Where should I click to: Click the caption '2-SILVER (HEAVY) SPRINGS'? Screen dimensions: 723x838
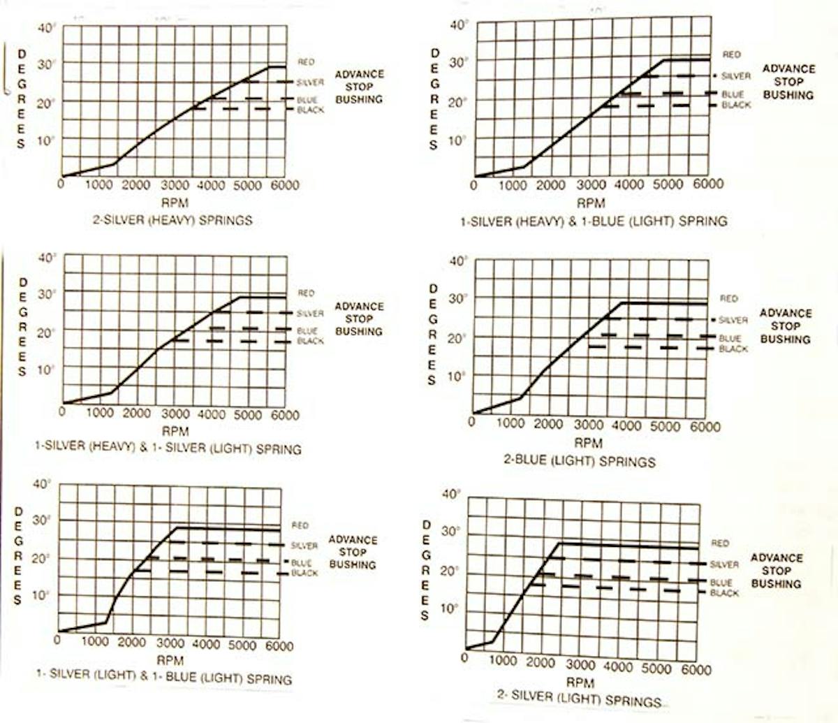172,220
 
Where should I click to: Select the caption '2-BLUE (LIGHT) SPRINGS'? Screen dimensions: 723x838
580,462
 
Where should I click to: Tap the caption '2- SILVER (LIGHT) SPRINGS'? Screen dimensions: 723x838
579,699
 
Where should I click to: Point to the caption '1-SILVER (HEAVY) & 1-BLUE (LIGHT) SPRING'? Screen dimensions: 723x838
594,221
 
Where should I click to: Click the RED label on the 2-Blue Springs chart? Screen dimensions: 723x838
728,298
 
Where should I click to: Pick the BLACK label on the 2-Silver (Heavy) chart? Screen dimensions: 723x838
310,110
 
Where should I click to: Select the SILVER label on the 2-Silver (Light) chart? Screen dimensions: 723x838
724,564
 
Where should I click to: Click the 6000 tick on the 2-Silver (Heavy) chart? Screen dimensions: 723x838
285,185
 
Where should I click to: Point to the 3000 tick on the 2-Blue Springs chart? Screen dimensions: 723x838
588,425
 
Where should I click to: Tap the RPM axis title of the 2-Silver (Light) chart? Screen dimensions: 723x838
580,682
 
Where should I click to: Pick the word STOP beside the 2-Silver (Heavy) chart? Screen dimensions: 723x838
359,87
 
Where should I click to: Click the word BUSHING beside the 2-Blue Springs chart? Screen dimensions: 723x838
785,339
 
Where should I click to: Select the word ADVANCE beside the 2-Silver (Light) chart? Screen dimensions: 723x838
777,557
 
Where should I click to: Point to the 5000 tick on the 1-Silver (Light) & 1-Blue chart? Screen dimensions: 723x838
242,646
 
